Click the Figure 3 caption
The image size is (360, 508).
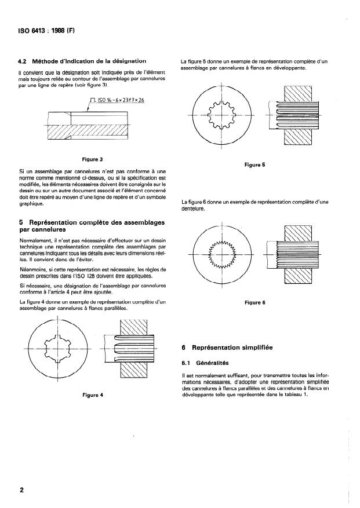tap(93, 158)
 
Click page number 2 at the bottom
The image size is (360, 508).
tap(21, 490)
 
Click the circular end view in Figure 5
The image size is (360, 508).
tap(223, 115)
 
